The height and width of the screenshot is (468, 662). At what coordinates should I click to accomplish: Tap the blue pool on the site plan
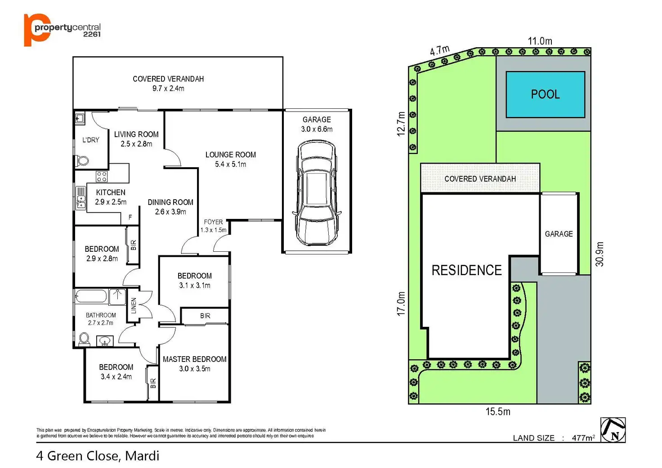545,94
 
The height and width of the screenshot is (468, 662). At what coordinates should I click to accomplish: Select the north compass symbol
613,430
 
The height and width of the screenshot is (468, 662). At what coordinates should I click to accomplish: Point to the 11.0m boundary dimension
540,41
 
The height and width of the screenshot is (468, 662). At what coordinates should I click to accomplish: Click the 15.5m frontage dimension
498,411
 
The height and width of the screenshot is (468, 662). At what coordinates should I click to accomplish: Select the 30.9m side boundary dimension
599,254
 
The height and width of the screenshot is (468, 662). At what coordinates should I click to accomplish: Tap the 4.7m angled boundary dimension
439,50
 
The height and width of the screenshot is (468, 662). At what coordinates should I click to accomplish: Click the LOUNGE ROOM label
231,155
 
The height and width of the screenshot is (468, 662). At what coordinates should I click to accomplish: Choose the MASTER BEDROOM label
194,359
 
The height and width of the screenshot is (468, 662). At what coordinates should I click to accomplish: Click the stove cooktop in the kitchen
102,176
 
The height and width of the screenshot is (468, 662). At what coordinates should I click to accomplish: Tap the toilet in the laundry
83,160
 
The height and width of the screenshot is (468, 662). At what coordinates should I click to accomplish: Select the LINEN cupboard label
134,306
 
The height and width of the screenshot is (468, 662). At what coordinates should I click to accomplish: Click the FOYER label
213,222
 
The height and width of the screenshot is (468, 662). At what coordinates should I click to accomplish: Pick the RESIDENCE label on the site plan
466,270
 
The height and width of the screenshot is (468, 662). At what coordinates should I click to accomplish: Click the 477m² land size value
583,438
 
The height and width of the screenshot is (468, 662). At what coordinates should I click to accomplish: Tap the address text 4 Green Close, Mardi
98,456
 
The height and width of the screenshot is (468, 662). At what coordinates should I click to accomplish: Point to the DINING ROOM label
170,202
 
